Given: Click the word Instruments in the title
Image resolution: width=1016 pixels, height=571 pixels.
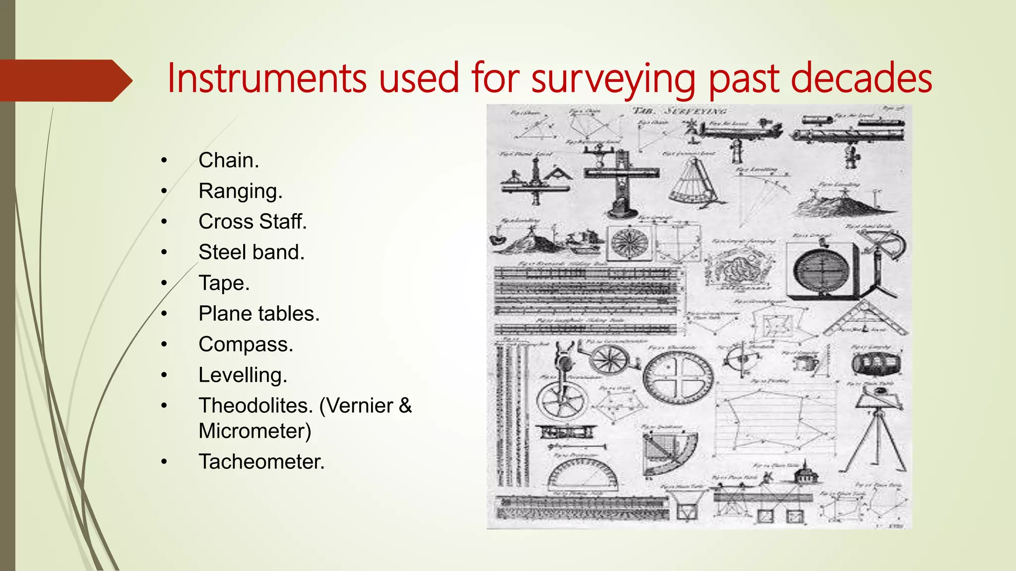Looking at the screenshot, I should click(267, 78).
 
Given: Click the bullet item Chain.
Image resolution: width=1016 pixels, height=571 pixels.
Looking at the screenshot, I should click(229, 161).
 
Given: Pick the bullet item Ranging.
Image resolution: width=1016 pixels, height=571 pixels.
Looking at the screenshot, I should click(240, 191).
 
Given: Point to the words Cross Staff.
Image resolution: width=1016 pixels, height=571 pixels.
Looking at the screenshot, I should click(253, 222).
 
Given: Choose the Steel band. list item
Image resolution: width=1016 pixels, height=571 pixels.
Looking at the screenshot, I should click(252, 252).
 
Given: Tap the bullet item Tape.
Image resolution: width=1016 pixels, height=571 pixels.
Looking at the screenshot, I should click(224, 283).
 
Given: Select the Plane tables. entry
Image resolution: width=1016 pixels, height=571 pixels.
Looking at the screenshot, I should click(259, 314).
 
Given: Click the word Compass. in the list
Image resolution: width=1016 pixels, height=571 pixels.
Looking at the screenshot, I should click(246, 344).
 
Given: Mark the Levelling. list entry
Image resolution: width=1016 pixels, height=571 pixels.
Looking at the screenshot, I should click(243, 375).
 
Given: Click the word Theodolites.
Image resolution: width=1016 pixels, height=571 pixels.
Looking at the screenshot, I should click(255, 406).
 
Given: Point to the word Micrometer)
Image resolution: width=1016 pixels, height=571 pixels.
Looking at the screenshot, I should click(255, 431).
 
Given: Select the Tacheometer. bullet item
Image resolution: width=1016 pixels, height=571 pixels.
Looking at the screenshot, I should click(261, 462).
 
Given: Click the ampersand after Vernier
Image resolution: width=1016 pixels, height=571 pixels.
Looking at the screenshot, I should click(405, 406).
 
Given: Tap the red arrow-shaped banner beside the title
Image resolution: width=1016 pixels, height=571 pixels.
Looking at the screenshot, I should click(64, 80).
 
